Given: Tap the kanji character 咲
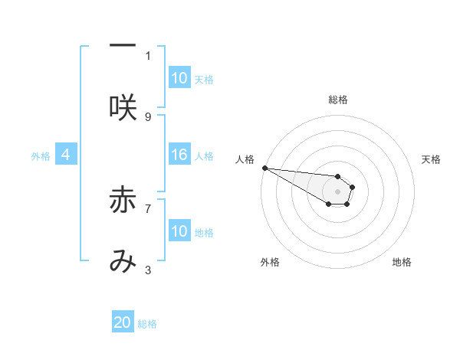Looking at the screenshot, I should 122,107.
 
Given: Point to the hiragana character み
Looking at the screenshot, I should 122,261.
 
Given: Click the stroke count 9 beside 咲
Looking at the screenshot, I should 148,116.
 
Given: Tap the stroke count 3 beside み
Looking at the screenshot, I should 148,270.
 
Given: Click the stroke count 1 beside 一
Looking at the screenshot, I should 148,55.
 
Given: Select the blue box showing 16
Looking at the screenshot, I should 179,155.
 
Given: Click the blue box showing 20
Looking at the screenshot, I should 123,323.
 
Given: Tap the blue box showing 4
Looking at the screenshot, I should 66,155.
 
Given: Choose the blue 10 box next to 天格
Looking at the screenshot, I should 179,78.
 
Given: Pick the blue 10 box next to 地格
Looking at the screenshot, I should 179,231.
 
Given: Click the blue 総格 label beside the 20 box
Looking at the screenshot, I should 147,324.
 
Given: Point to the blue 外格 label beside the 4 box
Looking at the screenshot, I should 41,155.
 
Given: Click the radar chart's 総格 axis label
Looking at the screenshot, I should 337,100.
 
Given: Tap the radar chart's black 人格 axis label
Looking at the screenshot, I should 245,159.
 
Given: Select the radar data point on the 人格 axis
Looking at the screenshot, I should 264,168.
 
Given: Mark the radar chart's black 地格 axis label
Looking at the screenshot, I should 402,262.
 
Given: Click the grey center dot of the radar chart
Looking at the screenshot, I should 337,191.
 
